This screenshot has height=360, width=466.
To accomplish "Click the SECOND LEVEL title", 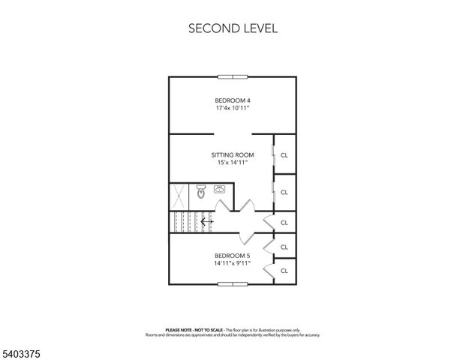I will click(x=233, y=28).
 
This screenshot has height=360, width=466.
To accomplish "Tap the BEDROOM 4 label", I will click(x=232, y=100).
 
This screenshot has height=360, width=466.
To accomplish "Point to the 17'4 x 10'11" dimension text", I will click(x=232, y=109).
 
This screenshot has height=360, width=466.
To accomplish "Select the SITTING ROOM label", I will click(x=232, y=155).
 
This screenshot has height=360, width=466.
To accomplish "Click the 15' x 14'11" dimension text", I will click(x=232, y=163).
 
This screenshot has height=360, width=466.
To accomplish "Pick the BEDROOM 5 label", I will click(x=232, y=256).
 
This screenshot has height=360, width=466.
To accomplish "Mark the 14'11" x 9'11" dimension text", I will click(x=232, y=263).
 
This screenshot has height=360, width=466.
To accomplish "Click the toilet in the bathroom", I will click(x=200, y=193).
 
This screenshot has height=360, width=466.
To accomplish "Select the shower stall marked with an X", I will click(x=181, y=196).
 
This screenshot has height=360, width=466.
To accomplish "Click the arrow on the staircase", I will click(x=207, y=221).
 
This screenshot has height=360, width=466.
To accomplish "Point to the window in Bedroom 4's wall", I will click(x=232, y=76).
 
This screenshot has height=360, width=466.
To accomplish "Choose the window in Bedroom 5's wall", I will click(x=232, y=284).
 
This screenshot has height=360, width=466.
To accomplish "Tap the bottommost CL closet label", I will click(x=284, y=271).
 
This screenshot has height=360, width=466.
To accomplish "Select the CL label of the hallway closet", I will click(x=284, y=223).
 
